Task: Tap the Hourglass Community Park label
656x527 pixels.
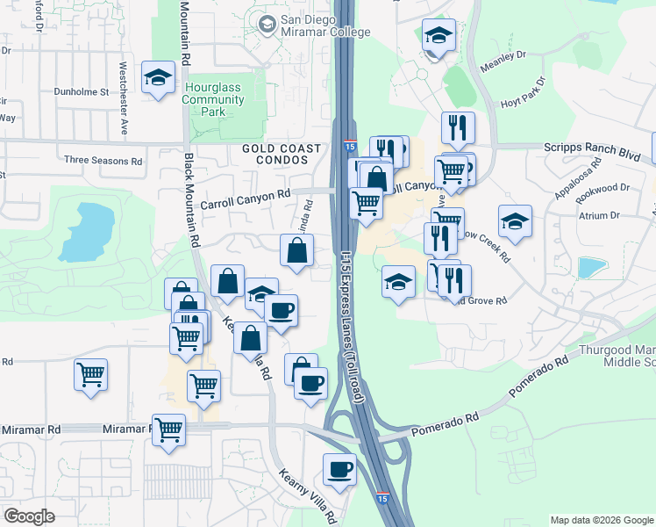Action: [x=212, y=100]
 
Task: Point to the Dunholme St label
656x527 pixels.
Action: [x=80, y=90]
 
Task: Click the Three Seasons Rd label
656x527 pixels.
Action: [x=103, y=161]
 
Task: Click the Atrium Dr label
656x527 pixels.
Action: [x=598, y=214]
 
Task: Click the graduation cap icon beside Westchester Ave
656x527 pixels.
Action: [x=159, y=78]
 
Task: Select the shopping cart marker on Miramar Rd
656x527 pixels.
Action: [x=168, y=430]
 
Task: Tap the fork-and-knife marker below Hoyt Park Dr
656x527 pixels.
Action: [x=458, y=129]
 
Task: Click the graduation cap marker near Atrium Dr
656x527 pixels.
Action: [x=515, y=222]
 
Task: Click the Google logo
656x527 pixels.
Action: [x=30, y=516]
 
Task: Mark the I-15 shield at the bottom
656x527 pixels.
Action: [x=382, y=498]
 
